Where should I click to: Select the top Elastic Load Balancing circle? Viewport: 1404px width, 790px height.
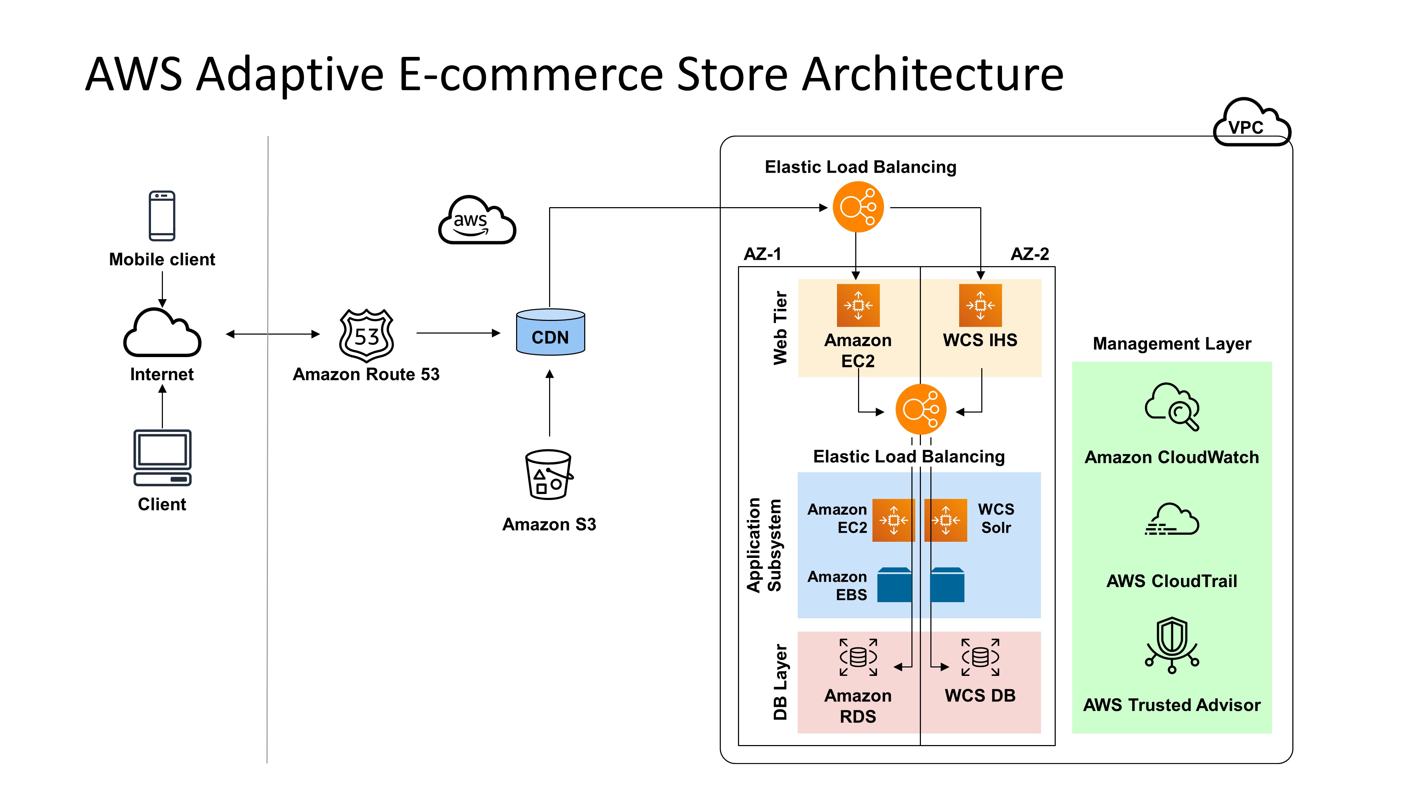[858, 207]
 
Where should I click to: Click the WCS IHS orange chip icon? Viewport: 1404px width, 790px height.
[980, 305]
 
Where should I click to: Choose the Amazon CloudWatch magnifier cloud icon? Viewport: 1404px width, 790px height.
[1172, 407]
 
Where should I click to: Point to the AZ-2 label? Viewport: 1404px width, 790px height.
[1029, 254]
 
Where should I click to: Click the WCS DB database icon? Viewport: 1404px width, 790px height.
[980, 657]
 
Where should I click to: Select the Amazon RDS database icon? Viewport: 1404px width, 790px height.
[858, 657]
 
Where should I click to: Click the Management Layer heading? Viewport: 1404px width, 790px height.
[1172, 344]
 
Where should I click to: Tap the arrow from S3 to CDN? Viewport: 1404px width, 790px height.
[549, 403]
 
